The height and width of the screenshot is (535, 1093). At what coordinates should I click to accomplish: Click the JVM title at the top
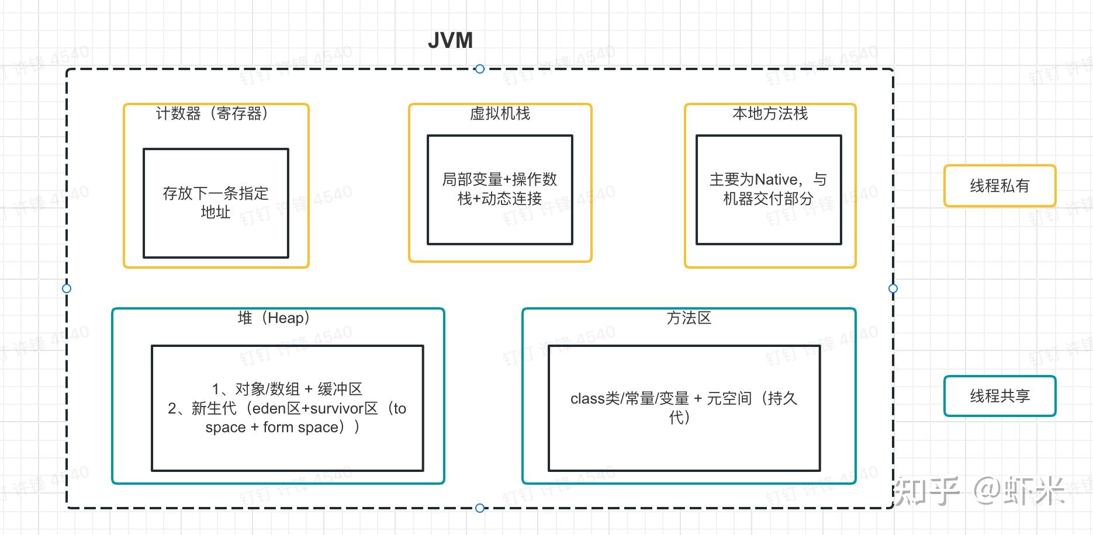pos(450,41)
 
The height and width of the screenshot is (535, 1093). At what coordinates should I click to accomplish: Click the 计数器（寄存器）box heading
pos(212,113)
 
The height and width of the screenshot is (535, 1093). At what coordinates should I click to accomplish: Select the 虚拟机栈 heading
pos(500,113)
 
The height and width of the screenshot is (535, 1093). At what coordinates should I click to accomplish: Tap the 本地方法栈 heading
pos(770,113)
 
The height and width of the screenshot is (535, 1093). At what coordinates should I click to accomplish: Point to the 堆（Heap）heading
pos(274,318)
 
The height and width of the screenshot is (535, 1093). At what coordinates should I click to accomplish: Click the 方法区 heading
pos(689,318)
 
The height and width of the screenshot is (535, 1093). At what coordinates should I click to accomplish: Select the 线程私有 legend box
pos(999,186)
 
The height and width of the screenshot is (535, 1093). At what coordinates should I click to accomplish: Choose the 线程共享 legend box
pos(999,396)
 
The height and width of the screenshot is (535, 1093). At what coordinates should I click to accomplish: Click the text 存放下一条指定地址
pos(216,202)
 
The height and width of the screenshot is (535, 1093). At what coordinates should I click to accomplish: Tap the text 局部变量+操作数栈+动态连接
pos(500,189)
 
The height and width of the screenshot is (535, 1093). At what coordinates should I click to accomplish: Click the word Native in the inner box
pos(776,179)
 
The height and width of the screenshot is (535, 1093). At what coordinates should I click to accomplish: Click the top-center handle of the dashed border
pos(480,69)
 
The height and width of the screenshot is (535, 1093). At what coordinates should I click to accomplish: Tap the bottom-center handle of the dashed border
pos(480,508)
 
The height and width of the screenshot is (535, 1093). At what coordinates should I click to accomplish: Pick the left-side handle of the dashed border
pos(67,289)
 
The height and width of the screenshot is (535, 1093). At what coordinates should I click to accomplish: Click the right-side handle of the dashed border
pos(893,289)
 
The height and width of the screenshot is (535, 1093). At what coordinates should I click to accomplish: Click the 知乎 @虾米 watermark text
pos(979,491)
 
